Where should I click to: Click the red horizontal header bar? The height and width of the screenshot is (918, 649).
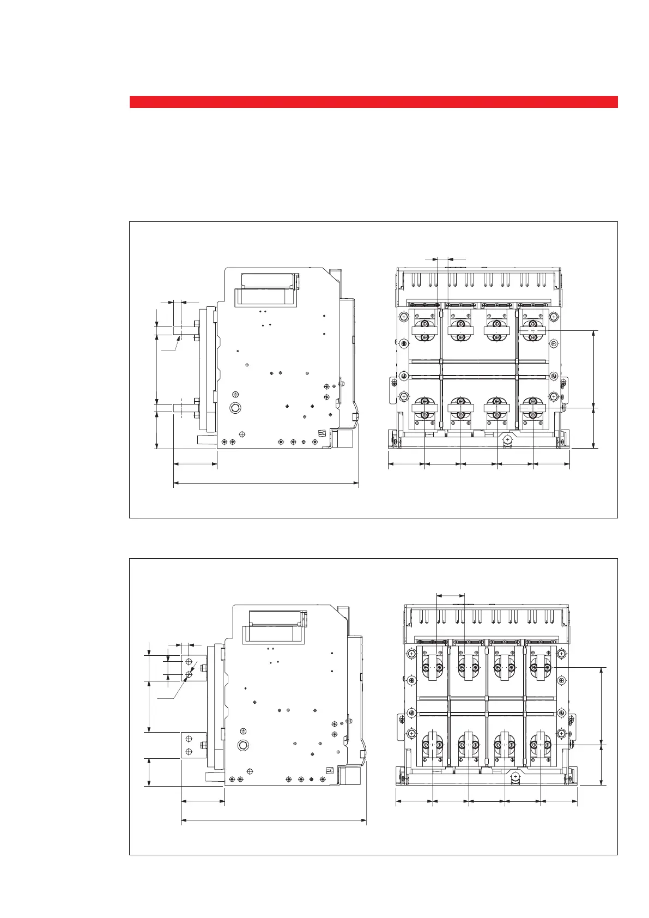click(373, 102)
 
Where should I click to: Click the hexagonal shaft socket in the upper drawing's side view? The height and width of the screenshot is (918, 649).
click(235, 408)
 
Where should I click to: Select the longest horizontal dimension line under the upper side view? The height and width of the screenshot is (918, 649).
click(266, 483)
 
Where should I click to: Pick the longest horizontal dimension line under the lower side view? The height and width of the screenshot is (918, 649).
click(274, 819)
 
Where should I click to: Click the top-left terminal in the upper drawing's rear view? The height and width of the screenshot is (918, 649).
click(425, 330)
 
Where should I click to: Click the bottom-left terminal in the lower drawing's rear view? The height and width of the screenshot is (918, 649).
click(432, 745)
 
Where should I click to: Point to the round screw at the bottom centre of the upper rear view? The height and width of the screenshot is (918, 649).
click(507, 439)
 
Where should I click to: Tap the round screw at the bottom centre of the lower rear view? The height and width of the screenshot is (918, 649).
click(515, 776)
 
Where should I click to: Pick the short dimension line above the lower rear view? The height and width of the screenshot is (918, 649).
click(451, 595)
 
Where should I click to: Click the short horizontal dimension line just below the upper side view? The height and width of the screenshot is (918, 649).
click(195, 464)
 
